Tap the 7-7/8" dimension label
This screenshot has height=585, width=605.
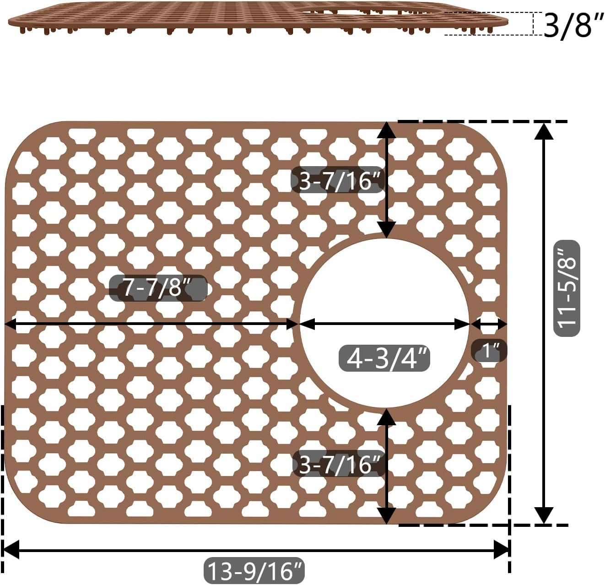coord(158,287)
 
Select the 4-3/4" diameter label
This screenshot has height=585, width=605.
coord(384,358)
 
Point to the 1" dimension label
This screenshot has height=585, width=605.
coord(489,350)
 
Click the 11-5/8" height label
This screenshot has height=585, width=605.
coord(567,288)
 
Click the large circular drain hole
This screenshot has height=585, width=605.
coord(384,324)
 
